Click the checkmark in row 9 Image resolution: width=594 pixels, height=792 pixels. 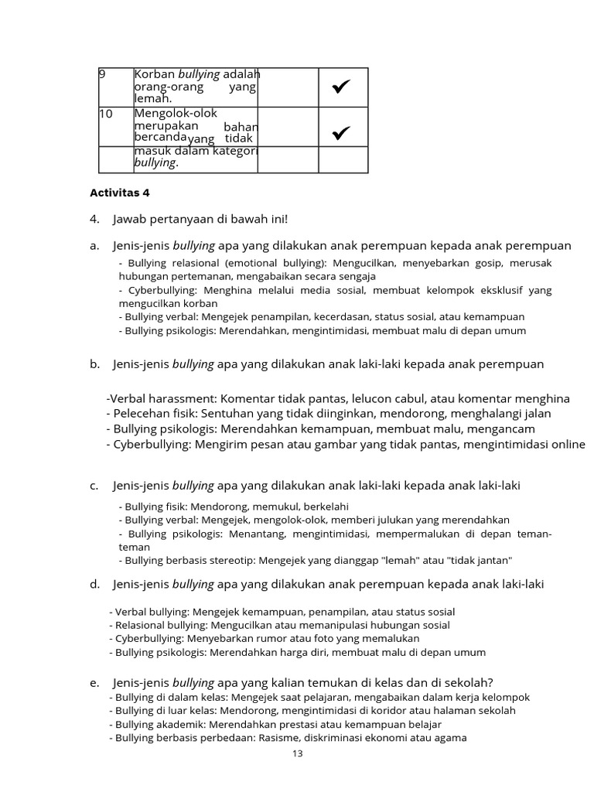click(342, 88)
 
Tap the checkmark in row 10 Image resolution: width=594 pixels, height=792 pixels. click(342, 134)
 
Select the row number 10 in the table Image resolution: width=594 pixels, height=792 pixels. click(106, 114)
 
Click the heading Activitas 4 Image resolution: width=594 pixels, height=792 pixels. click(120, 193)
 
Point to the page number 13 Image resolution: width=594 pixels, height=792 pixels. click(298, 754)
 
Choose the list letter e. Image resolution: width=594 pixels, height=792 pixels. click(94, 682)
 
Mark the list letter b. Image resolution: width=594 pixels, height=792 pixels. click(94, 364)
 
